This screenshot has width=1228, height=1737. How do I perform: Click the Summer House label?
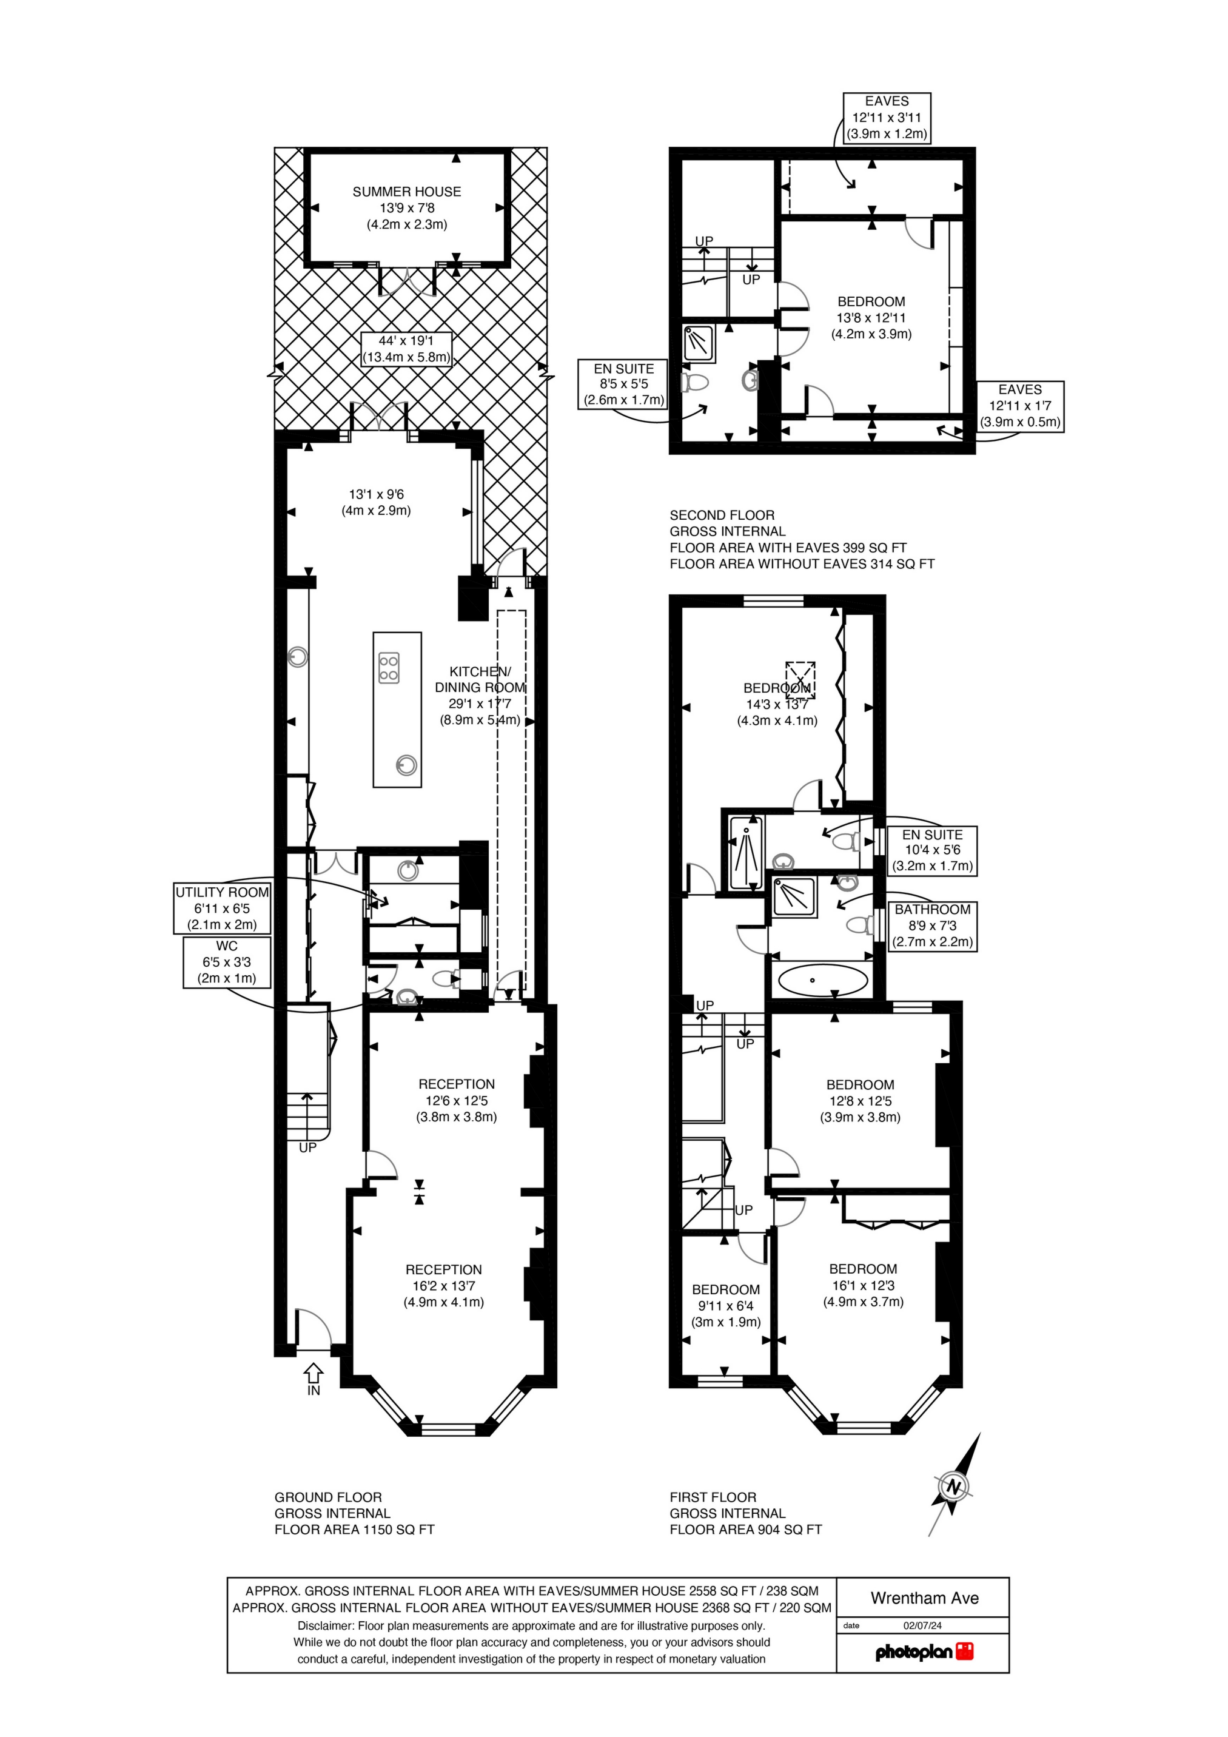[x=406, y=207]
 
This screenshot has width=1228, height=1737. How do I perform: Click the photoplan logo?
[x=924, y=1651]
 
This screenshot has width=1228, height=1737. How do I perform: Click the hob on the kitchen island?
[x=389, y=668]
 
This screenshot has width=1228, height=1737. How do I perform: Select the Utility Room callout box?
[x=222, y=908]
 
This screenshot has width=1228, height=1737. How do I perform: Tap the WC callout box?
[x=226, y=961]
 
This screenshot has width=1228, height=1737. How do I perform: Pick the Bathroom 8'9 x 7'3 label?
[x=932, y=926]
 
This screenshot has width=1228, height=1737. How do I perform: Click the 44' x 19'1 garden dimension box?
[x=406, y=349]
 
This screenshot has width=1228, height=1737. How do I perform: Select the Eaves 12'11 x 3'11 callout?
[x=887, y=117]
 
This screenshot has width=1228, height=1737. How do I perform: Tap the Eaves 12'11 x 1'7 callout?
[x=1019, y=406]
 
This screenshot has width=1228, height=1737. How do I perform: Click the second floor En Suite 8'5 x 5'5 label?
[x=623, y=385]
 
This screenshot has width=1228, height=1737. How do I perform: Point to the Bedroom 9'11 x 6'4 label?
[x=726, y=1306]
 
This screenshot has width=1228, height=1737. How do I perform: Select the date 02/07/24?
[x=922, y=1625]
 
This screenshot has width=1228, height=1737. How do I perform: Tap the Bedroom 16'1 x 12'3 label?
[x=864, y=1285]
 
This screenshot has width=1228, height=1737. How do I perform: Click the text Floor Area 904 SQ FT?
[x=745, y=1529]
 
